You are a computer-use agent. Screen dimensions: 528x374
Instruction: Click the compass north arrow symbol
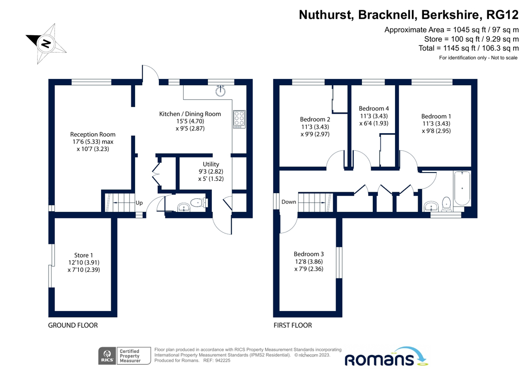pyautogui.click(x=46, y=43)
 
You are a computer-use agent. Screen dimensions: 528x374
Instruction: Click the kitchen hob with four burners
pyautogui.click(x=239, y=119)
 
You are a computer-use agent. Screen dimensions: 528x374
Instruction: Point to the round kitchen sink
pyautogui.click(x=221, y=91)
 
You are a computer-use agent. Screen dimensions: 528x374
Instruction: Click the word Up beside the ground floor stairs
pyautogui.click(x=139, y=203)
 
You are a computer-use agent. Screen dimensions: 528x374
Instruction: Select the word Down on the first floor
pyautogui.click(x=289, y=202)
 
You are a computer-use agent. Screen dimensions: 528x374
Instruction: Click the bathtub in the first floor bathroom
pyautogui.click(x=463, y=189)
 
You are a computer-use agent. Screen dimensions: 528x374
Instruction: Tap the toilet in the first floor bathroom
pyautogui.click(x=447, y=204)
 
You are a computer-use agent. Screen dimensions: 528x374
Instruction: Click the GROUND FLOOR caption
pyautogui.click(x=73, y=325)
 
